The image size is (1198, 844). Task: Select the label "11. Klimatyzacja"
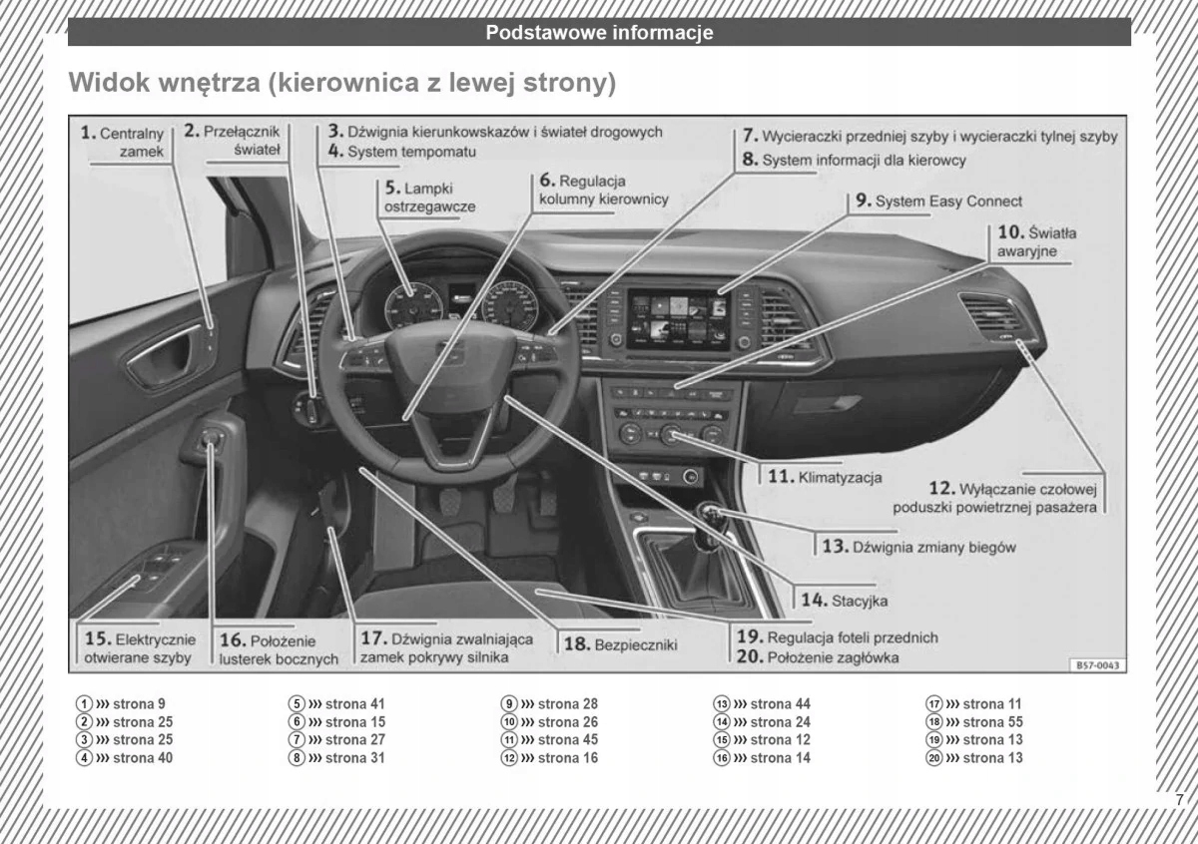pyautogui.click(x=826, y=477)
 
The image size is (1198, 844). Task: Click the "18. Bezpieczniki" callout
pyautogui.click(x=621, y=644)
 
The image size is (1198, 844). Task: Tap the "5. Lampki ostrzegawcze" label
pyautogui.click(x=428, y=197)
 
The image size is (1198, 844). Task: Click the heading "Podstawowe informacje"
pyautogui.click(x=599, y=32)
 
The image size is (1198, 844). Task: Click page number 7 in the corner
pyautogui.click(x=1179, y=799)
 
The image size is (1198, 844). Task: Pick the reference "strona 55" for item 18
pyautogui.click(x=992, y=721)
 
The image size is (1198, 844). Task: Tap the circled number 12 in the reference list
pyautogui.click(x=509, y=757)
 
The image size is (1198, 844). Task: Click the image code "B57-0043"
pyautogui.click(x=1097, y=664)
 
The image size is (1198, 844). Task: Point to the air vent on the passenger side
pyautogui.click(x=990, y=317)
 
